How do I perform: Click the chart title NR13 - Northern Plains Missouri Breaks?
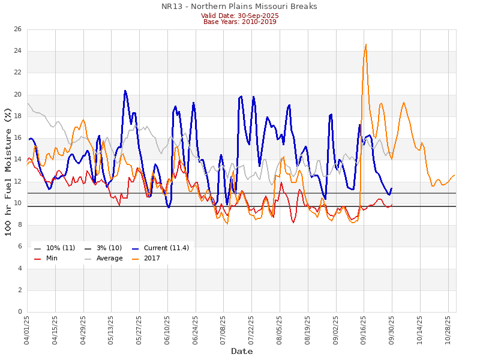pos(240,7)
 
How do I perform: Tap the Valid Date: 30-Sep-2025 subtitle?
pos(240,15)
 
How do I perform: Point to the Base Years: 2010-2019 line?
pos(240,22)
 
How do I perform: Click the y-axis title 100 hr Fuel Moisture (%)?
pos(8,172)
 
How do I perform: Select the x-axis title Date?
pos(242,351)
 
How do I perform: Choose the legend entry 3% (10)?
pos(104,248)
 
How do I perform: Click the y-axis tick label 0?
pos(20,312)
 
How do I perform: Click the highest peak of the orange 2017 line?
pos(365,44)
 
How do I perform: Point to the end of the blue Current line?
pos(392,188)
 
